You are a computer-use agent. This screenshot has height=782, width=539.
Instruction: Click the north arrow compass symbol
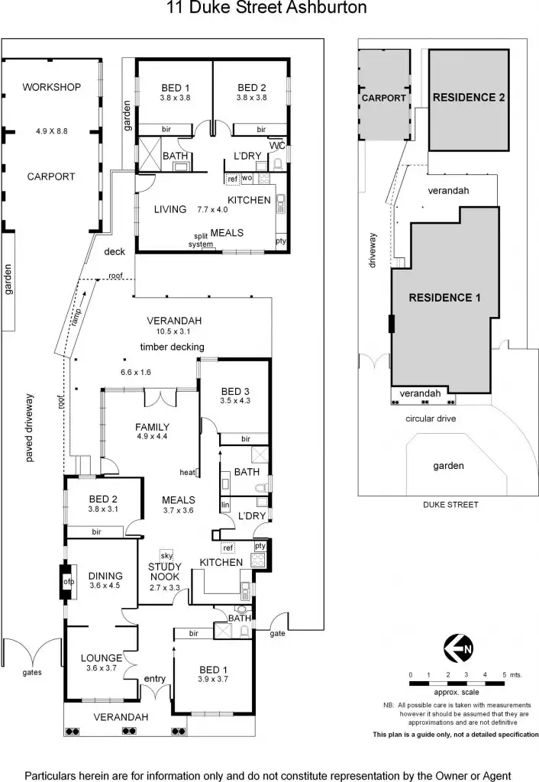(459, 649)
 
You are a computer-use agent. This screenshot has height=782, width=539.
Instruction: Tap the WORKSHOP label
(51, 88)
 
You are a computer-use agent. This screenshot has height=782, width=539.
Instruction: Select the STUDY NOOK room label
(164, 571)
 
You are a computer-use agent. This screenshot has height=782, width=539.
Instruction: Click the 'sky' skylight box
(166, 554)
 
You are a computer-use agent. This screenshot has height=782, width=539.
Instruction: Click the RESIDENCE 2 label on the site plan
(470, 98)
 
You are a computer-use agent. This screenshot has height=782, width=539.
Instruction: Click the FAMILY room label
(153, 427)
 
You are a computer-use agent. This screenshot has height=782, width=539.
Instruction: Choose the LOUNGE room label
(102, 658)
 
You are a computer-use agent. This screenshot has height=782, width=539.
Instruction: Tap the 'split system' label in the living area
(201, 240)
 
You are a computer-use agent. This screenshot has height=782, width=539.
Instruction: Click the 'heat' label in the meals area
(187, 471)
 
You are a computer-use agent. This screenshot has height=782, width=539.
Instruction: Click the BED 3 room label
(235, 392)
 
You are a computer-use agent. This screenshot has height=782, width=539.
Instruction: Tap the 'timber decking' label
(172, 347)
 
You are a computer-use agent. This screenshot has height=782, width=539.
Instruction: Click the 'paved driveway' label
(30, 428)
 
